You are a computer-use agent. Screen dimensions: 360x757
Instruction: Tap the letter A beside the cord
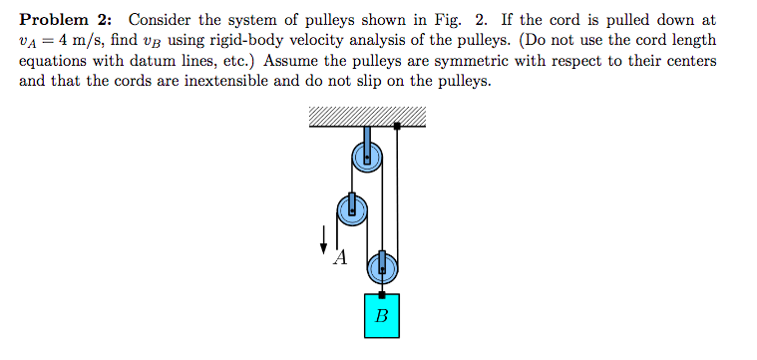339,258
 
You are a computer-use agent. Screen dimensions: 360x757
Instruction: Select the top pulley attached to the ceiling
366,156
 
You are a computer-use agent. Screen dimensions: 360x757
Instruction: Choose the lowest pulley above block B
382,266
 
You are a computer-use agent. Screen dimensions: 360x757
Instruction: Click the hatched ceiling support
367,117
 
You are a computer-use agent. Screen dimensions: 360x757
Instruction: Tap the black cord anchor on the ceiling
397,127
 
